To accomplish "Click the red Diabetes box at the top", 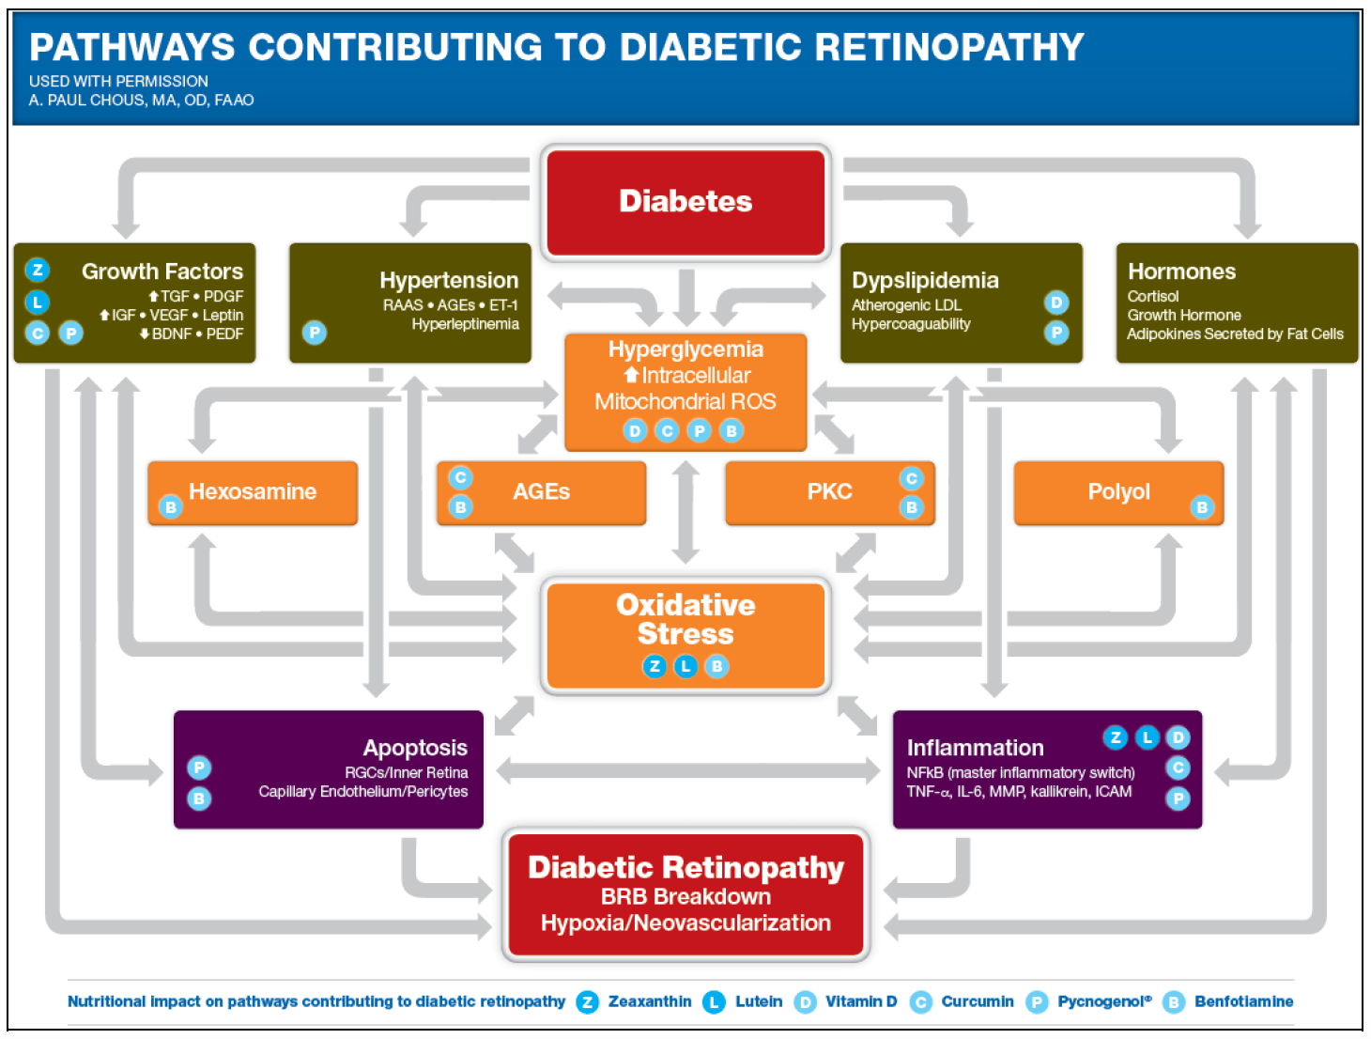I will [x=685, y=201].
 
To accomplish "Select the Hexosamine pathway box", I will [x=253, y=491].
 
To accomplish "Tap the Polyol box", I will [x=1118, y=491].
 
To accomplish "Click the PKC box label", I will [x=829, y=491].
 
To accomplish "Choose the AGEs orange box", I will [x=541, y=491].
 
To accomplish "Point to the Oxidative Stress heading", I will [x=685, y=618].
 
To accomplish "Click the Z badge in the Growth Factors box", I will [x=38, y=271].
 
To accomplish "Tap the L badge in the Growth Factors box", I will [x=38, y=302].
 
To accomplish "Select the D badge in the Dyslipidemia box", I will [x=1056, y=302].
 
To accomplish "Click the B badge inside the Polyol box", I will [x=1202, y=507].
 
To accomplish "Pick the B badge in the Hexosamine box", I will [x=170, y=507].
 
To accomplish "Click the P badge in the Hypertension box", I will [x=315, y=333].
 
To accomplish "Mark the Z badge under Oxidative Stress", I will [x=655, y=666].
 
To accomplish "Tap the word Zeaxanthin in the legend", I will [x=649, y=1001].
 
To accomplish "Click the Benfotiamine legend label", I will [x=1243, y=1001].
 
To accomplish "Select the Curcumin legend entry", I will [x=977, y=1001].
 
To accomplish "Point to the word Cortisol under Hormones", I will [x=1152, y=296].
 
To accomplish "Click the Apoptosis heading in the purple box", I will [x=415, y=747].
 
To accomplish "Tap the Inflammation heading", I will [x=975, y=747].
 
